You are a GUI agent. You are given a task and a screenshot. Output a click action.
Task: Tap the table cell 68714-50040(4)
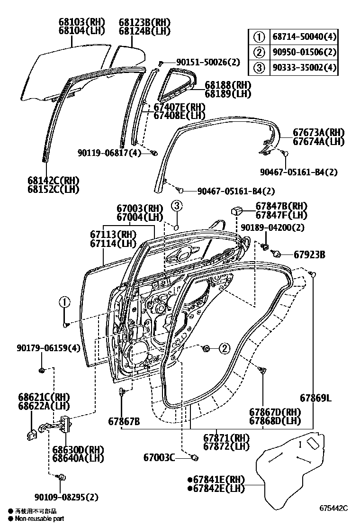pyautogui.click(x=304, y=36)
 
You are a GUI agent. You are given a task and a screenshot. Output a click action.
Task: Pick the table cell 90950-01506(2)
pyautogui.click(x=304, y=52)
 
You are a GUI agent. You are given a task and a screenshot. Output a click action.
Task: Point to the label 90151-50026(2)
pyautogui.click(x=208, y=62)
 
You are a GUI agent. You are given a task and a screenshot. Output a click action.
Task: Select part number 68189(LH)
pyautogui.click(x=228, y=94)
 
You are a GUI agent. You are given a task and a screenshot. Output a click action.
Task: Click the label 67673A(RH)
pyautogui.click(x=318, y=133)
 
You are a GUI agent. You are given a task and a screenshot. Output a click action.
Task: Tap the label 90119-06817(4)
pyautogui.click(x=109, y=153)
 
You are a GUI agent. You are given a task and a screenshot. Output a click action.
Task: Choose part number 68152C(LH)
pyautogui.click(x=53, y=190)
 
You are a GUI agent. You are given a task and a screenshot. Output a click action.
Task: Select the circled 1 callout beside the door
pyautogui.click(x=64, y=302)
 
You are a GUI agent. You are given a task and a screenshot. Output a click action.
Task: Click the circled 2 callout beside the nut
pyautogui.click(x=224, y=349)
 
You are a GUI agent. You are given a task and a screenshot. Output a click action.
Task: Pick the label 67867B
pyautogui.click(x=124, y=421)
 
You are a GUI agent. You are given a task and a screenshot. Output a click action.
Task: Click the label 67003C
pyautogui.click(x=160, y=457)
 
